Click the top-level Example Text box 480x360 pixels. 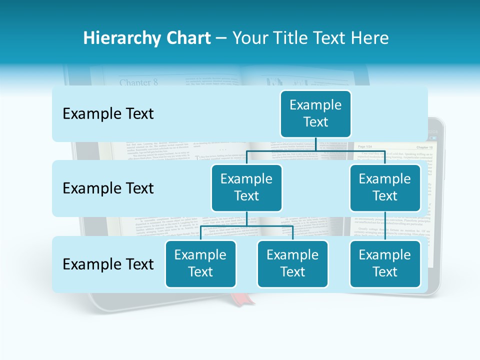click(315, 113)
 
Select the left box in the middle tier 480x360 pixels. click(246, 187)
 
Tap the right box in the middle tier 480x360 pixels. click(385, 187)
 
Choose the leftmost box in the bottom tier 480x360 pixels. click(200, 263)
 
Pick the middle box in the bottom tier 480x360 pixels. click(292, 263)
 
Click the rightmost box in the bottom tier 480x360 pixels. click(385, 263)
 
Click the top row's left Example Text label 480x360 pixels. click(108, 114)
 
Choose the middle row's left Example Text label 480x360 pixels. click(108, 188)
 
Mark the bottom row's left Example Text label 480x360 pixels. click(108, 264)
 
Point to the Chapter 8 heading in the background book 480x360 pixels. click(138, 82)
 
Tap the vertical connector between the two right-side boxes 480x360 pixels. click(385, 225)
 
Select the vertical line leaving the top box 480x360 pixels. click(315, 144)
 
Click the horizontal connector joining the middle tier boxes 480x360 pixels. click(315, 150)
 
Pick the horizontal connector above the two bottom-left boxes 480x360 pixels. click(246, 226)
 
